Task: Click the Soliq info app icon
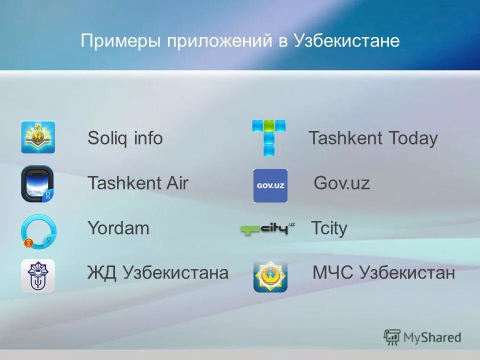[x=38, y=137]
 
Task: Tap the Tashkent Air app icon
[x=37, y=183]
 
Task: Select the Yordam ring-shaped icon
[x=38, y=230]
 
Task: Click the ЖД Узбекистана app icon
[x=38, y=275]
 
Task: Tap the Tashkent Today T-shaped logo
[x=269, y=137]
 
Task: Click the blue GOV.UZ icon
[x=270, y=185]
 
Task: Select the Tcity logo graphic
[x=267, y=229]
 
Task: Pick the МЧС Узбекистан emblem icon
[x=270, y=275]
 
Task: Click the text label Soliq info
[x=125, y=138]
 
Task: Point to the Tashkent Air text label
[x=137, y=183]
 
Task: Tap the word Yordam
[x=118, y=228]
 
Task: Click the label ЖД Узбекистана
[x=157, y=273]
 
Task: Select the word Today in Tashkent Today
[x=413, y=138]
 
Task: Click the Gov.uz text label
[x=341, y=183]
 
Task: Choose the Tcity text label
[x=329, y=229]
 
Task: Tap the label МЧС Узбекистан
[x=383, y=273]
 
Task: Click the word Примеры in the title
[x=120, y=41]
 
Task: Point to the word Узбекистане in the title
[x=346, y=41]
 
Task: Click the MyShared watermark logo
[x=422, y=337]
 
